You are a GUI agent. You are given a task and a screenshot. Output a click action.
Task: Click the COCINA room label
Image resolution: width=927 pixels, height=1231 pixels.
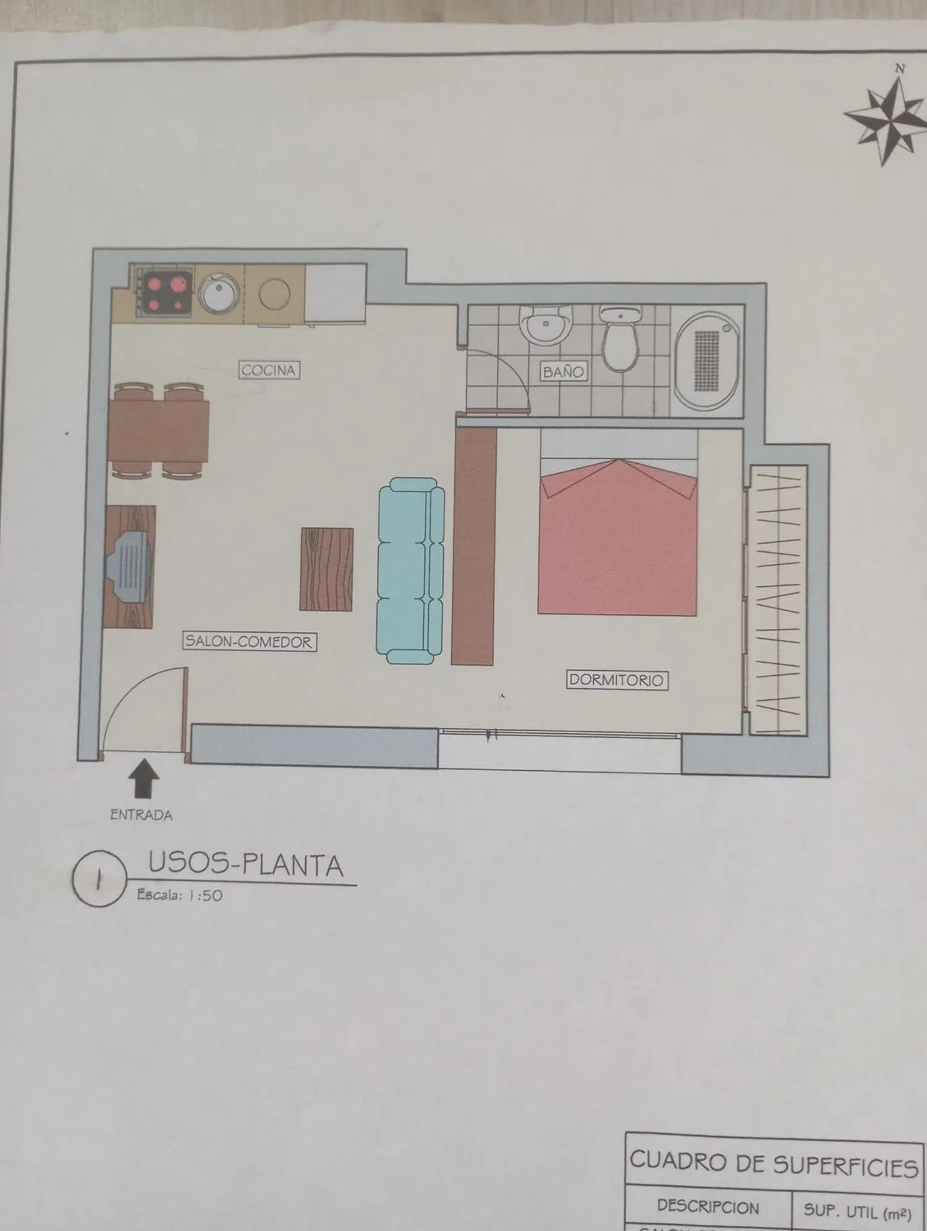pyautogui.click(x=269, y=370)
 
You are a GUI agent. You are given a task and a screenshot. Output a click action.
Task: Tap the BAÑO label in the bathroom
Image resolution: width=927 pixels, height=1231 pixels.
pyautogui.click(x=563, y=372)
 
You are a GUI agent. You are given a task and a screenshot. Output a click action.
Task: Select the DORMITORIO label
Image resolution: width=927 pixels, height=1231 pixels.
pyautogui.click(x=616, y=680)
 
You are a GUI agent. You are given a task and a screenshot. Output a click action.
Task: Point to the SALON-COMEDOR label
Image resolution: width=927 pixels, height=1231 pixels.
pyautogui.click(x=249, y=642)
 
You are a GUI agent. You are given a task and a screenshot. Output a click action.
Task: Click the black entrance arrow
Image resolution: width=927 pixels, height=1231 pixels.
pyautogui.click(x=143, y=779)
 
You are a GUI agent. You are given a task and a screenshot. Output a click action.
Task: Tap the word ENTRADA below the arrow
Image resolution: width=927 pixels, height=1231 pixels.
pyautogui.click(x=141, y=815)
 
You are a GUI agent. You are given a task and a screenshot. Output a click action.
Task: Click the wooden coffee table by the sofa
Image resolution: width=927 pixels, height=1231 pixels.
pyautogui.click(x=326, y=569)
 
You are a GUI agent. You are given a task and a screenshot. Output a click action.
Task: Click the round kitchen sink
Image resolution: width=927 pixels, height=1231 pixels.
pyautogui.click(x=218, y=293)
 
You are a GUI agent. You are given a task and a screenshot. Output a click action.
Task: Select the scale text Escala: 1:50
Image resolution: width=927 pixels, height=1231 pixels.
pyautogui.click(x=179, y=895)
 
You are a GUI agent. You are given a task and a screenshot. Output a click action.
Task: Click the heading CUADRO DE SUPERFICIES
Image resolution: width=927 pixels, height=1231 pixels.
pyautogui.click(x=773, y=1164)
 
